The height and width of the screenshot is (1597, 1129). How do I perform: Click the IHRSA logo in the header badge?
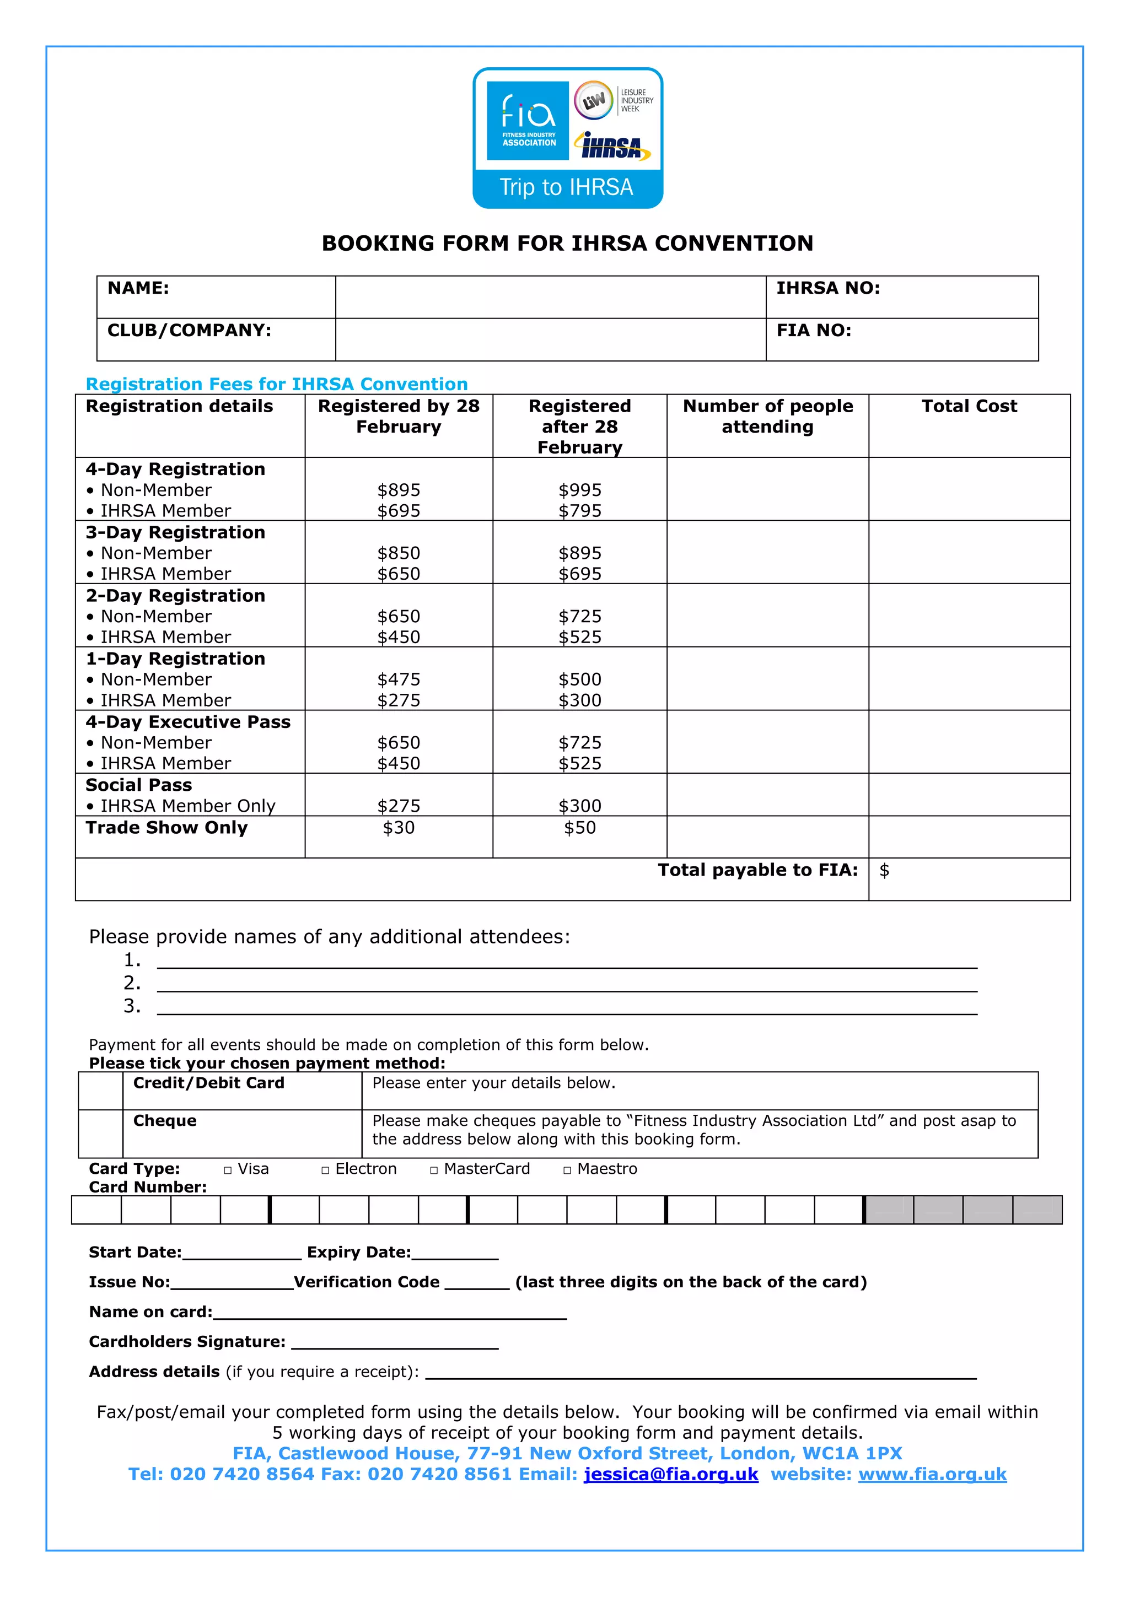point(612,146)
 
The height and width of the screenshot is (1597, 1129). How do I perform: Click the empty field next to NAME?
point(550,297)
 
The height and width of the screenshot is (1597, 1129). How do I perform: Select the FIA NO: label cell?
point(901,339)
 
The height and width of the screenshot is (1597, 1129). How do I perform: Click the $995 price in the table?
point(579,490)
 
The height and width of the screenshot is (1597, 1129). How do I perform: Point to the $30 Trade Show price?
point(399,828)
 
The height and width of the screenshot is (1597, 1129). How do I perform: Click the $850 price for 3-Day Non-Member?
point(399,553)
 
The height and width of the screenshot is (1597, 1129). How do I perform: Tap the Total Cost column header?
point(969,406)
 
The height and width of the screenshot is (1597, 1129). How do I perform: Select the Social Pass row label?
point(138,785)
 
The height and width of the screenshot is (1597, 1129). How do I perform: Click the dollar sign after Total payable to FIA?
point(884,870)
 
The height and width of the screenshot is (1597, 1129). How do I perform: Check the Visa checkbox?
point(228,1170)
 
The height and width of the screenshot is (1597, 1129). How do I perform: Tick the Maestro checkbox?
point(567,1170)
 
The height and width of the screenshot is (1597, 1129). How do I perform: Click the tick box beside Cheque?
point(100,1133)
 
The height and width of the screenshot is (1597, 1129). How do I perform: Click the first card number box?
point(96,1210)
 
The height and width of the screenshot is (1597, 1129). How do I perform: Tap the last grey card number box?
point(1036,1210)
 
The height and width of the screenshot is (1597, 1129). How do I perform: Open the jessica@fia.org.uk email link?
point(670,1474)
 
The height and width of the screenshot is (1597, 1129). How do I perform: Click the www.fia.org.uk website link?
point(932,1474)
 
